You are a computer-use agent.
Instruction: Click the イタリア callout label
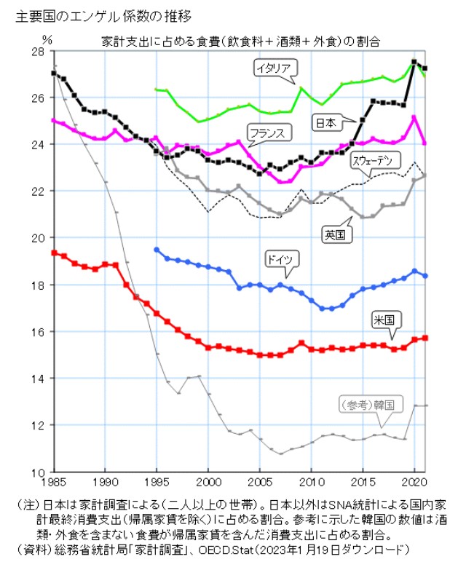click(x=274, y=68)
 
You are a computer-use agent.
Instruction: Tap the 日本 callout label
click(x=326, y=123)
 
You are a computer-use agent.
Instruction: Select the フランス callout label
click(x=268, y=132)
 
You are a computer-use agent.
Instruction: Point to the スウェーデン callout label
click(x=373, y=160)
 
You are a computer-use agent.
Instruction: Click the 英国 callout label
click(x=335, y=234)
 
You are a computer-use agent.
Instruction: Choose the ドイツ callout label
click(x=281, y=259)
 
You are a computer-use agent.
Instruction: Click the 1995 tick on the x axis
click(x=157, y=482)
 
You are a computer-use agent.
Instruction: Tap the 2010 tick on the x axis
click(x=312, y=482)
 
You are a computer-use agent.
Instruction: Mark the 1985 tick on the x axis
click(x=54, y=482)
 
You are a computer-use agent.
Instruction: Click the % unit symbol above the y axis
click(x=47, y=39)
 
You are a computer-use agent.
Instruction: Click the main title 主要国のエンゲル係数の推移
click(x=103, y=17)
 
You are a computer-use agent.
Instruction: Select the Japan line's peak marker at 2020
click(x=414, y=62)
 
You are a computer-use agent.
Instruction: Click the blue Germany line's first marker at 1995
click(x=157, y=250)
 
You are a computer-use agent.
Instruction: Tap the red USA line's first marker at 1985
click(x=54, y=253)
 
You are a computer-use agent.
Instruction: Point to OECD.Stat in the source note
click(x=226, y=550)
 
